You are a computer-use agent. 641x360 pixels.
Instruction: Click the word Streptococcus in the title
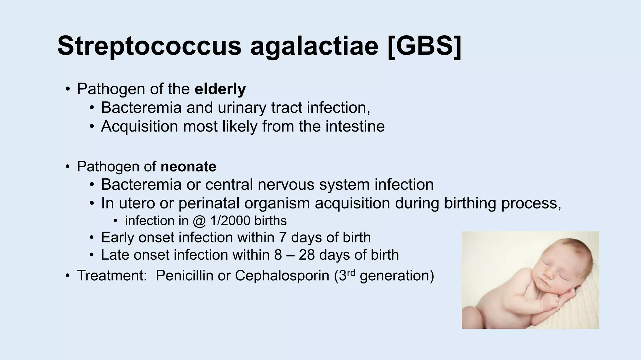(149, 46)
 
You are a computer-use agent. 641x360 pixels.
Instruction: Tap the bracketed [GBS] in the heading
(424, 46)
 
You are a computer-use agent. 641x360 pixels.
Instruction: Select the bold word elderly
(220, 89)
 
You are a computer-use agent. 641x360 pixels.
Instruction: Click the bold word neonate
(188, 167)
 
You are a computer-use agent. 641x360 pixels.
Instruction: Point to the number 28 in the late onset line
(307, 255)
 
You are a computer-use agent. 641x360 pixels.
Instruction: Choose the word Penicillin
(184, 276)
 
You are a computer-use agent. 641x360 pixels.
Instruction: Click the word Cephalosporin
(282, 276)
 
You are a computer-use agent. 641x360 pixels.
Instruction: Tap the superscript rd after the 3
(351, 272)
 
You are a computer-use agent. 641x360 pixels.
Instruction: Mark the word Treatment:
(112, 276)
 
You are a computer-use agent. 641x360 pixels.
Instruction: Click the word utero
(137, 203)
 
